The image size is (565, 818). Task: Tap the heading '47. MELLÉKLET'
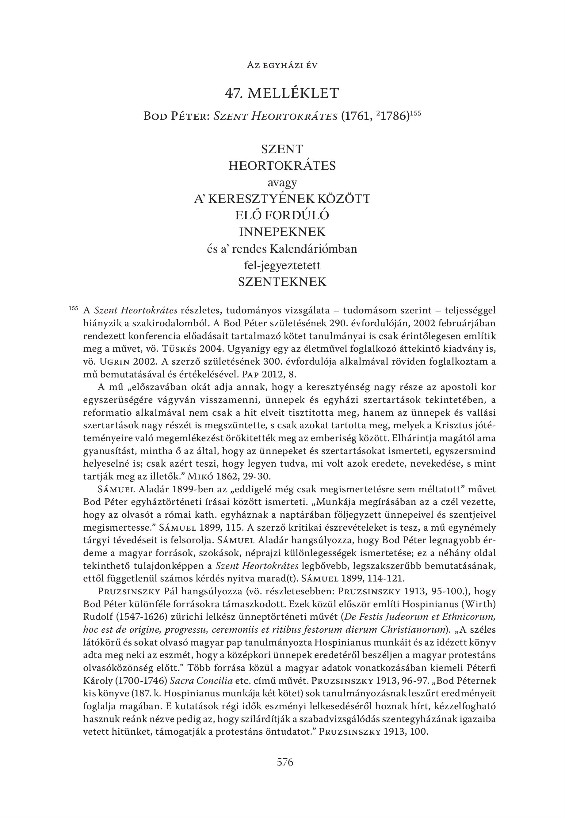coord(282,93)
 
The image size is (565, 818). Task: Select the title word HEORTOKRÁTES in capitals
coord(282,165)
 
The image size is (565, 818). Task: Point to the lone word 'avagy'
coord(282,183)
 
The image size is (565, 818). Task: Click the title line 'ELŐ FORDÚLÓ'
coord(282,215)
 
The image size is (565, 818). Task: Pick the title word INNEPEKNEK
coord(282,232)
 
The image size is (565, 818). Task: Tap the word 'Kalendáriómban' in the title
coord(313,249)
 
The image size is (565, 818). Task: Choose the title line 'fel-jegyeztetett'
coord(282,265)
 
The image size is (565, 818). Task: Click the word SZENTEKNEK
coord(282,282)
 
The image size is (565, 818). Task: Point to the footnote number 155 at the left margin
coord(73,308)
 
